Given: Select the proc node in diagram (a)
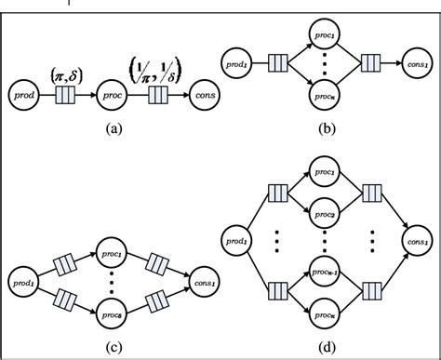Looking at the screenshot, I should tap(111, 94).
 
